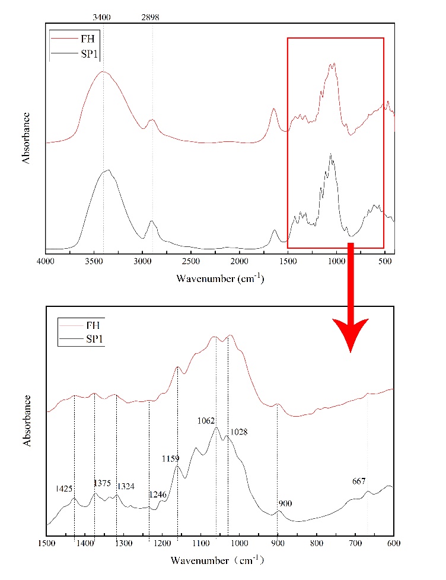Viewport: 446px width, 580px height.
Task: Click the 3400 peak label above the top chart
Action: click(x=103, y=17)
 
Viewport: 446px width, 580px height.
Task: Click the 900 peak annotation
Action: click(x=286, y=503)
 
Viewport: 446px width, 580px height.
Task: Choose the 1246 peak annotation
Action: click(x=158, y=494)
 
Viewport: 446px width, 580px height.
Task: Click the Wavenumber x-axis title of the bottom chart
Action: click(x=220, y=560)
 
